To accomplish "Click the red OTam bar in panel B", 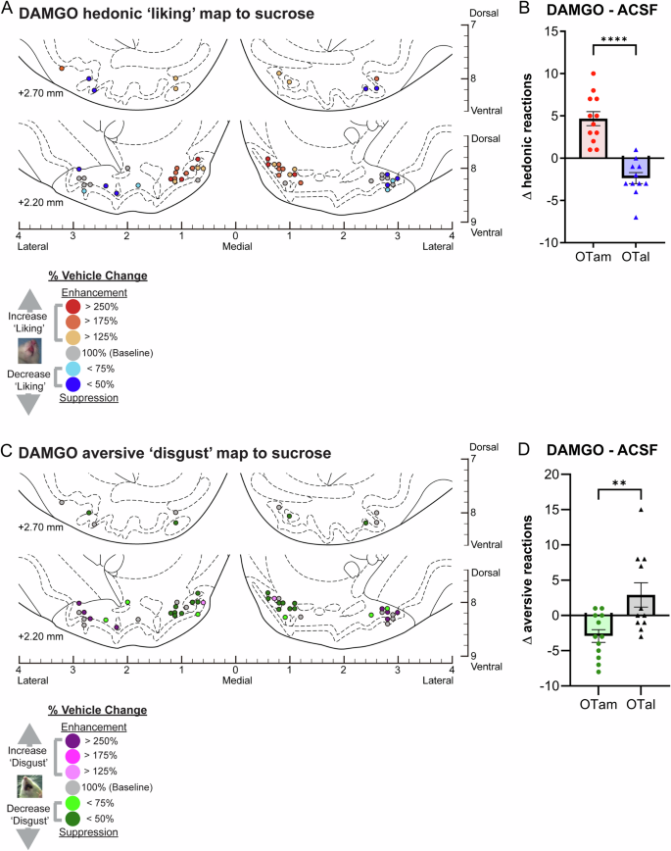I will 594,137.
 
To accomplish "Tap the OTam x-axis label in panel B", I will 594,257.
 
